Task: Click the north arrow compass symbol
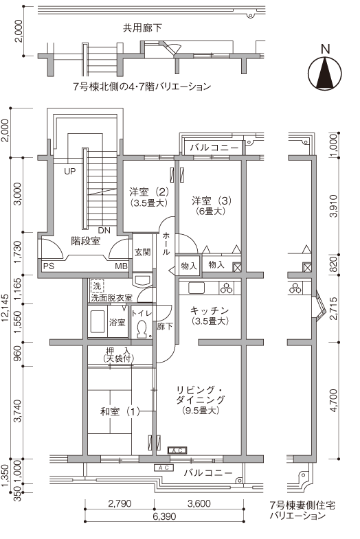point(324,73)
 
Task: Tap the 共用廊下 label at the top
point(142,28)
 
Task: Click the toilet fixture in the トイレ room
point(142,329)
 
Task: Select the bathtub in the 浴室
point(98,322)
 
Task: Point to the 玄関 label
point(142,252)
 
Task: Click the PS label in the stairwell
point(49,266)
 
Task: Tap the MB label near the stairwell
point(121,266)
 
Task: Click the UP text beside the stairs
point(70,171)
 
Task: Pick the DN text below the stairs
point(104,230)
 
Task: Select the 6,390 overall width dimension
point(164,516)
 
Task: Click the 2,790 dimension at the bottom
point(120,503)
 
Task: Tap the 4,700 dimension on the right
point(333,401)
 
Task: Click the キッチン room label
point(210,310)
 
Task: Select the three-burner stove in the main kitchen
point(227,288)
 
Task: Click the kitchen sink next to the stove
point(196,288)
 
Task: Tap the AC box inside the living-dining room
point(177,450)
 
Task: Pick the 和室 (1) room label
point(120,411)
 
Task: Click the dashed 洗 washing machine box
point(98,286)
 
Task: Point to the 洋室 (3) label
point(212,200)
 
